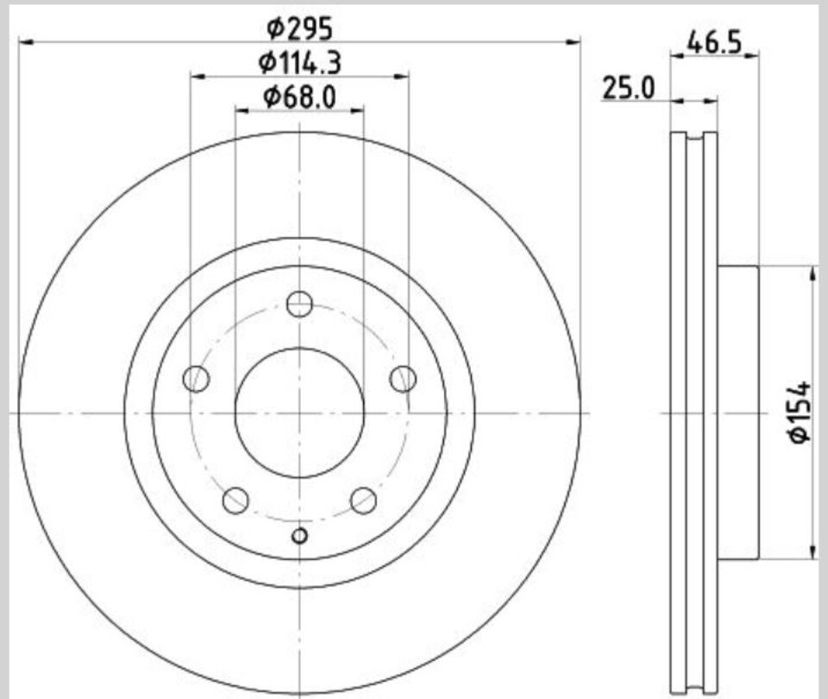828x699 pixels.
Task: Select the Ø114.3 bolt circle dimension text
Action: pyautogui.click(x=299, y=63)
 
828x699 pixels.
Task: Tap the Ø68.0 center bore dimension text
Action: pyautogui.click(x=299, y=97)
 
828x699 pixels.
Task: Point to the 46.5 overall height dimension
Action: pyautogui.click(x=714, y=42)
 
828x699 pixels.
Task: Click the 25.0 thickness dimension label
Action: pyautogui.click(x=629, y=87)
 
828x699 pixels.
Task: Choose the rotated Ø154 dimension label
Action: pyautogui.click(x=800, y=412)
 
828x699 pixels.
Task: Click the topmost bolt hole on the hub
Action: pyautogui.click(x=299, y=304)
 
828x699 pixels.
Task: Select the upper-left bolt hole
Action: pyautogui.click(x=197, y=379)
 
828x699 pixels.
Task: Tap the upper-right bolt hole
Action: pyautogui.click(x=403, y=379)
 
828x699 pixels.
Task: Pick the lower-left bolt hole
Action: pyautogui.click(x=235, y=500)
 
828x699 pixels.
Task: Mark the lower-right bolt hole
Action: pyautogui.click(x=363, y=500)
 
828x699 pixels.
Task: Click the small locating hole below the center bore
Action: pyautogui.click(x=299, y=536)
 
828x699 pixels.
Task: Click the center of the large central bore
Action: pyautogui.click(x=299, y=412)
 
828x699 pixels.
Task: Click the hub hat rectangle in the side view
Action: pyautogui.click(x=737, y=412)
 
